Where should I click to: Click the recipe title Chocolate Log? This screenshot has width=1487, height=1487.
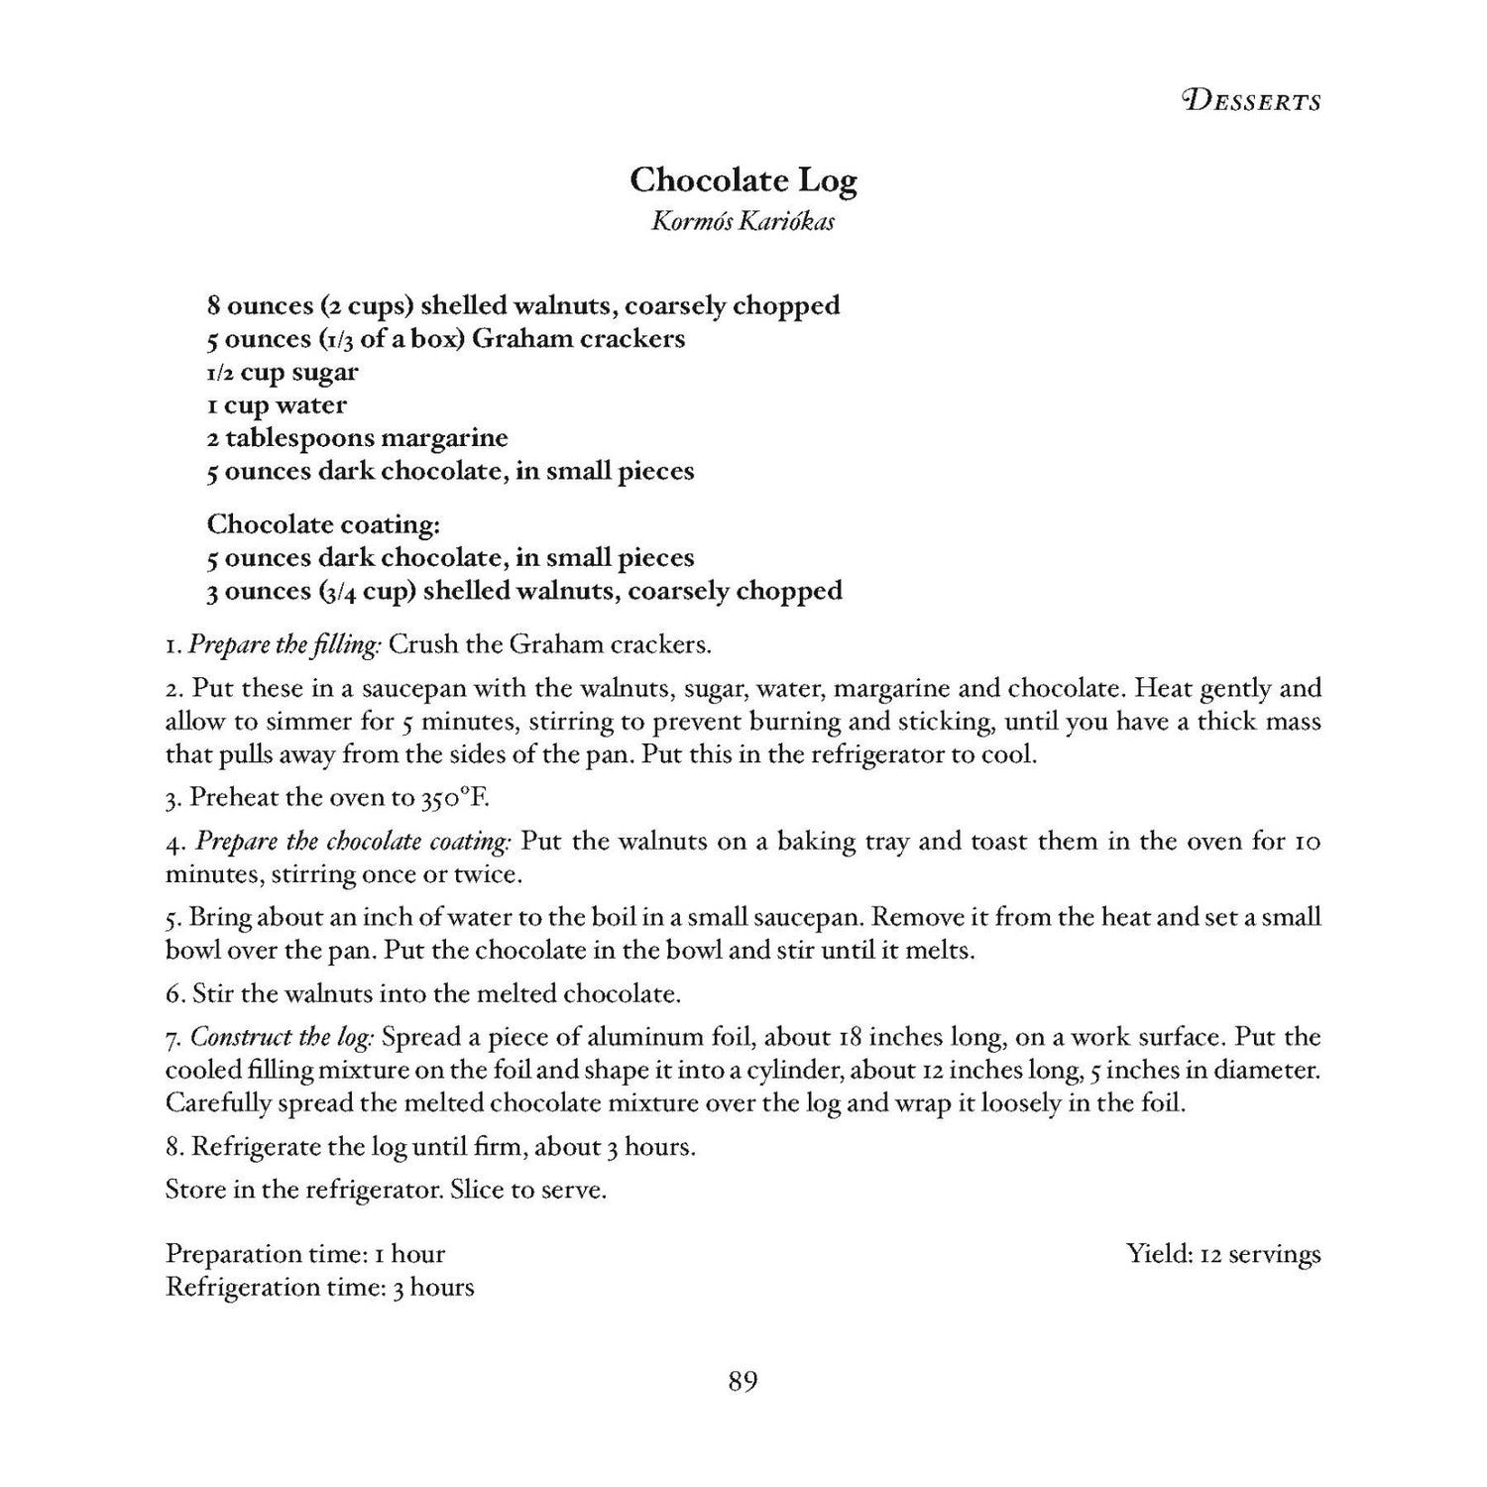point(743,180)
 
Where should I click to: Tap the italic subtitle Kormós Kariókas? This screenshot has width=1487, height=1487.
point(743,221)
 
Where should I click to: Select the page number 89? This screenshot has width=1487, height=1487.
point(743,1381)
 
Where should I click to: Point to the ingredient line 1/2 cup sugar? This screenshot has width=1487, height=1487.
point(283,373)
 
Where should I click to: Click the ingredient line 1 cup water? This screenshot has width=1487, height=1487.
point(277,405)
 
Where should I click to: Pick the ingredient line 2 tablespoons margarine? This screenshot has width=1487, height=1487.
point(357,438)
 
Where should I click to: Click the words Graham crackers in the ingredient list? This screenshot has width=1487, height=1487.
point(579,339)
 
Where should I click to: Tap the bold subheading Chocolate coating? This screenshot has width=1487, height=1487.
point(323,523)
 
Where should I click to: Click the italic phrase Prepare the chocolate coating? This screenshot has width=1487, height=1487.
point(353,843)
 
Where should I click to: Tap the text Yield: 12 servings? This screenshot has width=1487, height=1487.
point(1223,1254)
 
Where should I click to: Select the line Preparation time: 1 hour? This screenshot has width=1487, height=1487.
point(305,1254)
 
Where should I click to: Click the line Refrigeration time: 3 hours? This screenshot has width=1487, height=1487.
point(319,1288)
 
